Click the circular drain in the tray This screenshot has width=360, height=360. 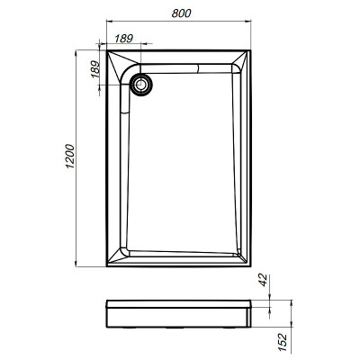142,84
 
